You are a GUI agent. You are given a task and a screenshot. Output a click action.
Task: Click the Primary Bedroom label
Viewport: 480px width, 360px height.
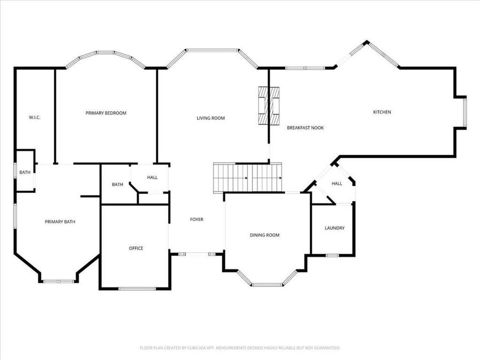pyautogui.click(x=106, y=113)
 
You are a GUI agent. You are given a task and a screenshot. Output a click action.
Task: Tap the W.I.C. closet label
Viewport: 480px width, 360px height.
pyautogui.click(x=35, y=117)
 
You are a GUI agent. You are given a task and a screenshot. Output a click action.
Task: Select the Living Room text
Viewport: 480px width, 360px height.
pyautogui.click(x=211, y=118)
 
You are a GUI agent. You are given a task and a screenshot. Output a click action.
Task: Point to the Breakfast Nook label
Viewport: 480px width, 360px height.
pyautogui.click(x=305, y=128)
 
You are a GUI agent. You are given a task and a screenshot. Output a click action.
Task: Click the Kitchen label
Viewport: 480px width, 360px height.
pyautogui.click(x=382, y=112)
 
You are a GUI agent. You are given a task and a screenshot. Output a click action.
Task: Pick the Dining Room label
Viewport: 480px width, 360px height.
pyautogui.click(x=265, y=235)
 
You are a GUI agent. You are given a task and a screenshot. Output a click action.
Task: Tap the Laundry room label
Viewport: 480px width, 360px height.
pyautogui.click(x=334, y=228)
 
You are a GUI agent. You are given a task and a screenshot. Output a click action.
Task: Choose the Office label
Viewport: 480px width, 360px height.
pyautogui.click(x=136, y=248)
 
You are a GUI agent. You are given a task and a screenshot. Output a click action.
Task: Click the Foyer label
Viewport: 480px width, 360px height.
pyautogui.click(x=197, y=219)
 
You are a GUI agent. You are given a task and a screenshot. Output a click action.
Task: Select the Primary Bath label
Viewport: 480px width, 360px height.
pyautogui.click(x=60, y=222)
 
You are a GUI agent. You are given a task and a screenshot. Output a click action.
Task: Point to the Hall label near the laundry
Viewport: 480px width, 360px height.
pyautogui.click(x=337, y=183)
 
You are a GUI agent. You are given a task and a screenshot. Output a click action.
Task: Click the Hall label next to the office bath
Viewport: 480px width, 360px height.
pyautogui.click(x=153, y=177)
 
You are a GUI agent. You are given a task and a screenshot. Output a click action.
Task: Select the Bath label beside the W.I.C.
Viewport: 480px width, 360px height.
pyautogui.click(x=25, y=172)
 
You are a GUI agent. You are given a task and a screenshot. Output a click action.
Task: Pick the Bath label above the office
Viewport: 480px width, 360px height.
pyautogui.click(x=117, y=185)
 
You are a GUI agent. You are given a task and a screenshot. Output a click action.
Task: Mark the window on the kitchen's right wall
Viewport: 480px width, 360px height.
pyautogui.click(x=465, y=113)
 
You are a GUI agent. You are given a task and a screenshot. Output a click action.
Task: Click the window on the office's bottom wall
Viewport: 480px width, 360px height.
pyautogui.click(x=137, y=289)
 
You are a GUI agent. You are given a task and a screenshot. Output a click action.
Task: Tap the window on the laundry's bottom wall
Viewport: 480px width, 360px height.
pyautogui.click(x=332, y=255)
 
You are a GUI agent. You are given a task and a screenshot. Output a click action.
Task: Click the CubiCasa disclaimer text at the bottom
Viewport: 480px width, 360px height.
pyautogui.click(x=240, y=348)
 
